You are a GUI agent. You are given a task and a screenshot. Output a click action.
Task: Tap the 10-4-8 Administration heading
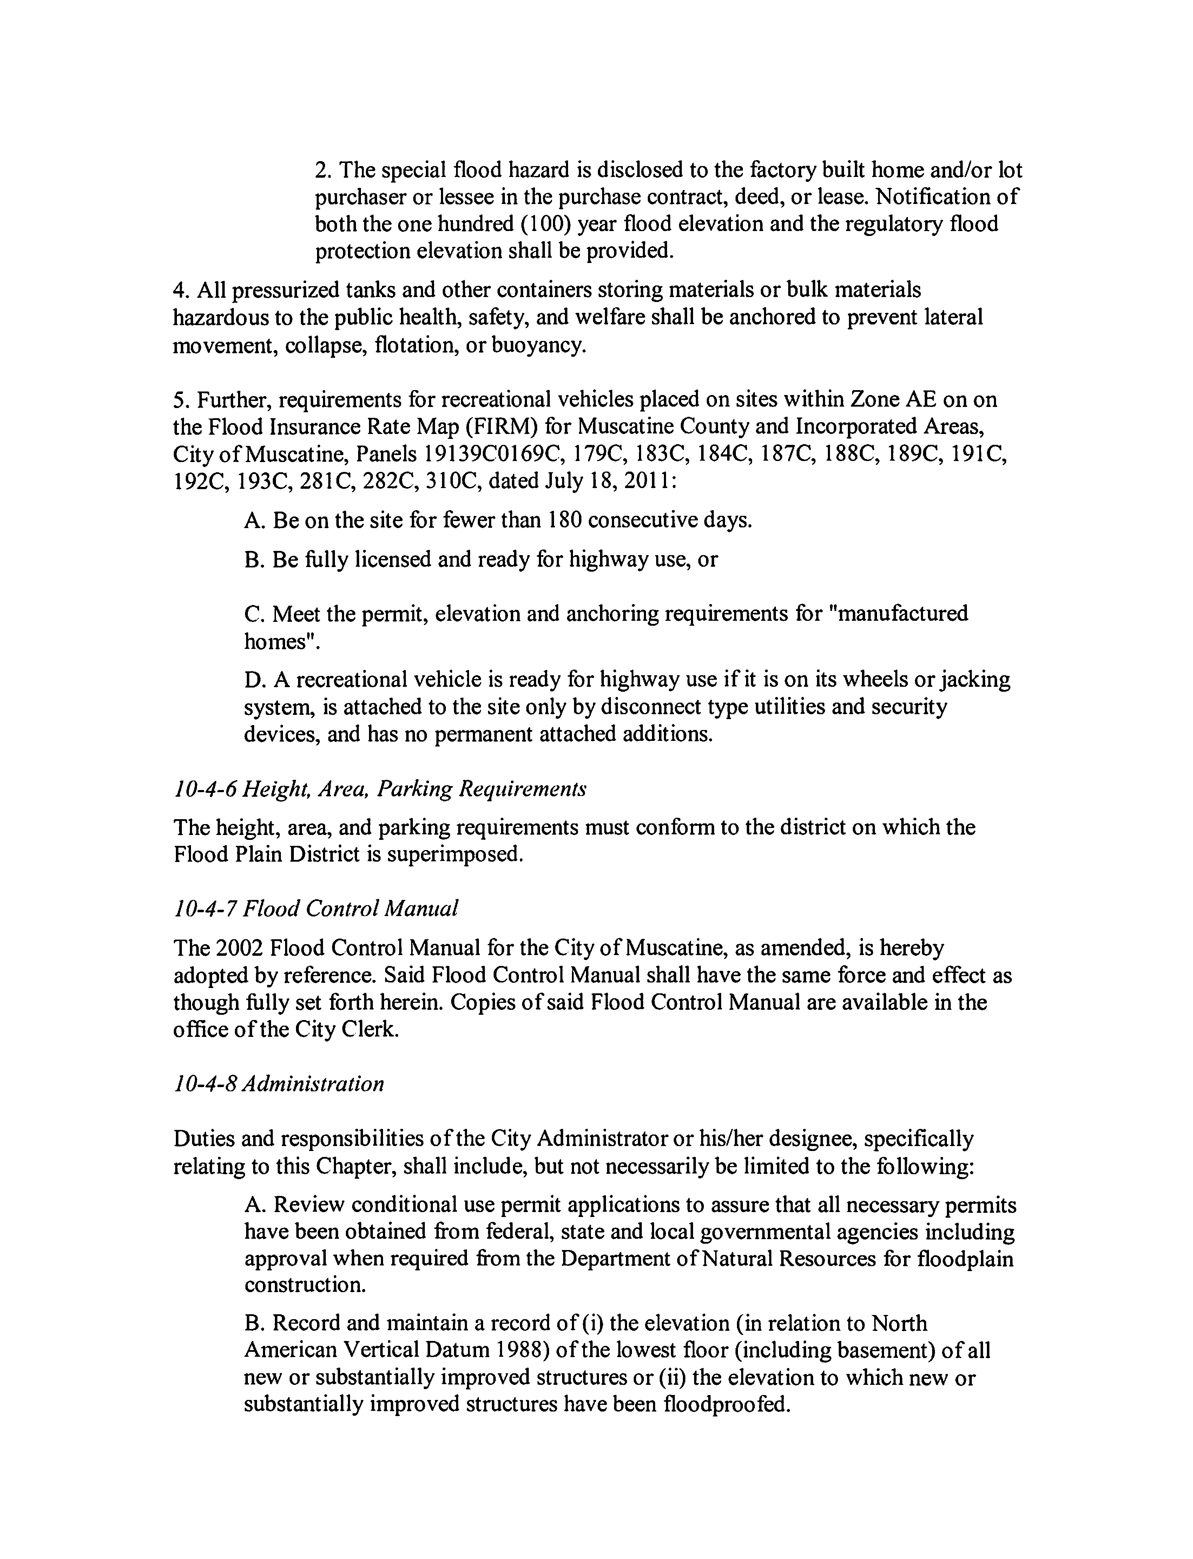pyautogui.click(x=278, y=1084)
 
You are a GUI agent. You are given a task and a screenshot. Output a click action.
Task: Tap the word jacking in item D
pyautogui.click(x=974, y=680)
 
